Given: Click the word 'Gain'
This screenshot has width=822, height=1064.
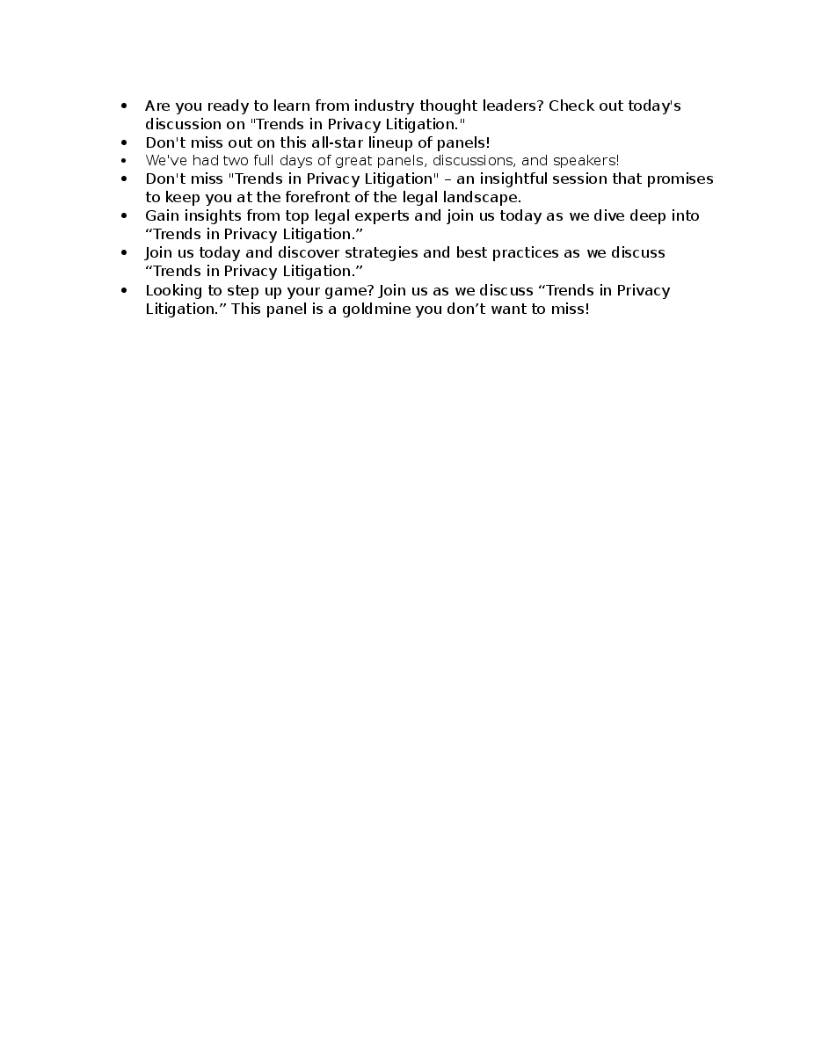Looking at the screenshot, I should (x=162, y=216).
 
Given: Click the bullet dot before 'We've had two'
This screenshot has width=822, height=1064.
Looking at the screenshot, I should (x=124, y=161).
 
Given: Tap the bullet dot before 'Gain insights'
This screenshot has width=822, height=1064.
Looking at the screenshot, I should (x=124, y=216).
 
